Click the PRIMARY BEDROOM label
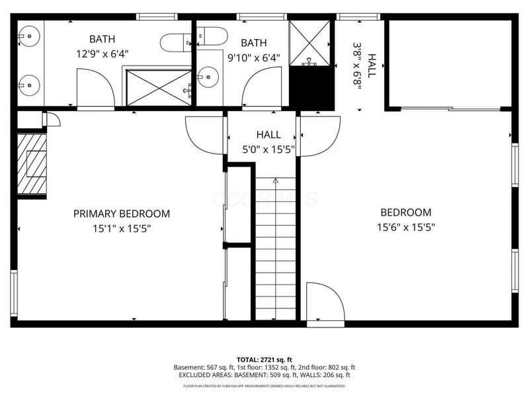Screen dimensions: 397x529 [x=121, y=214]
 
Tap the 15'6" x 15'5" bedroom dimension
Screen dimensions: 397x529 [x=405, y=226]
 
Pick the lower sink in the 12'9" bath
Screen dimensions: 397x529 [x=27, y=83]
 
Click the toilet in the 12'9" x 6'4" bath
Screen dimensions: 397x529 [x=175, y=42]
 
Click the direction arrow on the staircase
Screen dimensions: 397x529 [x=276, y=180]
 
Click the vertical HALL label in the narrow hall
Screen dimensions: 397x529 [x=372, y=66]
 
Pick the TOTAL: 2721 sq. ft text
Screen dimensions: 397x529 [x=264, y=359]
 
